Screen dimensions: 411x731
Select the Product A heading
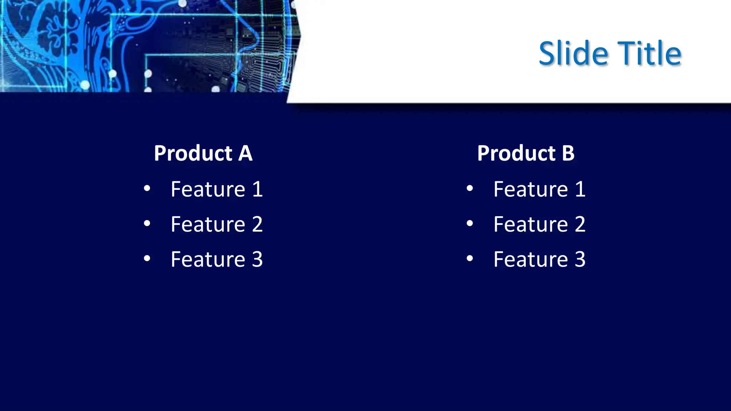coord(203,153)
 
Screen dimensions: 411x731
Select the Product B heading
coord(526,153)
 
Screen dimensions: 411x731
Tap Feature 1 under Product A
coord(217,189)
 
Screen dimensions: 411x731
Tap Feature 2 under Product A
coord(217,224)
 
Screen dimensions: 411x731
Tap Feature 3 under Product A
coord(217,259)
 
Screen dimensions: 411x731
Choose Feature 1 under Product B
coord(539,189)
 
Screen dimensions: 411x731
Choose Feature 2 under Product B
coord(539,224)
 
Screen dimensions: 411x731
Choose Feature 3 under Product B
coord(539,259)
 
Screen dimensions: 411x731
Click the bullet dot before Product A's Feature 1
coord(147,188)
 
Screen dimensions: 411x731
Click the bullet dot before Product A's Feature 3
coord(147,258)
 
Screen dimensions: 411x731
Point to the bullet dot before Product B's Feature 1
coord(470,188)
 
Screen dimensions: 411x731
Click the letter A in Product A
coord(246,153)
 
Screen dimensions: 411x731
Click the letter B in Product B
coord(568,153)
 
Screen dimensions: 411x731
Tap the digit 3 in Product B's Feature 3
coord(580,259)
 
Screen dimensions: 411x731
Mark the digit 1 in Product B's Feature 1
coord(580,189)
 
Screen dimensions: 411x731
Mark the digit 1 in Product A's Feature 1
coord(257,189)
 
